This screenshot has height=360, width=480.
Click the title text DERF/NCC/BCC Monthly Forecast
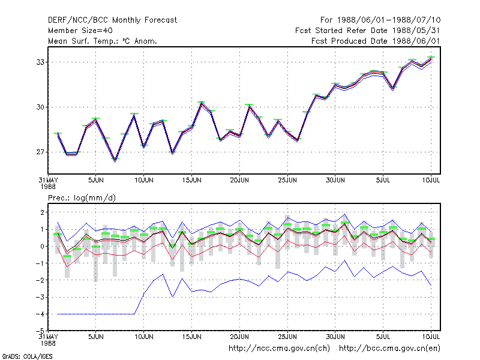[112, 20]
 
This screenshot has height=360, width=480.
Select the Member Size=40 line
[80, 31]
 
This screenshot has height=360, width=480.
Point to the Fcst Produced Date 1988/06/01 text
[376, 41]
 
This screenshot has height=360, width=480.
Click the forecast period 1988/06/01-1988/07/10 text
[389, 20]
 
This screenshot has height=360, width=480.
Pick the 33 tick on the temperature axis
[40, 62]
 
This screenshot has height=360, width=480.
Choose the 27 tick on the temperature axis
[40, 152]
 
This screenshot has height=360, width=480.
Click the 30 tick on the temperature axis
[40, 107]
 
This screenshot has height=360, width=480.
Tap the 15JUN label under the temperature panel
[191, 180]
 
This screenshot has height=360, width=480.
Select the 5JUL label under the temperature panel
[383, 180]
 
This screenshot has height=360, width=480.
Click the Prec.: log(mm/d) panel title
[82, 198]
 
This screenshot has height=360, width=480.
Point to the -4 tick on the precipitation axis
[40, 314]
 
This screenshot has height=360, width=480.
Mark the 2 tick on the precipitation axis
[42, 212]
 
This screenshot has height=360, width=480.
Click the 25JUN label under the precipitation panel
[287, 337]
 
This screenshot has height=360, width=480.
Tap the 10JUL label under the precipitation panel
[431, 337]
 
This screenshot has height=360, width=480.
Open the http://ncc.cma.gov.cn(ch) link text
[279, 349]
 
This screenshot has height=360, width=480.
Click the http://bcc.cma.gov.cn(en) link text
[389, 349]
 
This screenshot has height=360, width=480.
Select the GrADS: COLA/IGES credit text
[27, 356]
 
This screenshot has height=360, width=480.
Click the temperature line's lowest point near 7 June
[115, 160]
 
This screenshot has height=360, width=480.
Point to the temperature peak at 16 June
[201, 103]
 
